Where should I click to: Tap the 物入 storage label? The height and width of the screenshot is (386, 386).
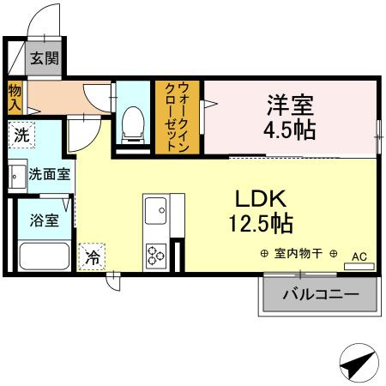[x=15, y=97]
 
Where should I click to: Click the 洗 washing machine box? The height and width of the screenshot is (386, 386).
[x=21, y=135]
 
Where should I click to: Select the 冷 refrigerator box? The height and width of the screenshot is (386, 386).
[x=91, y=255]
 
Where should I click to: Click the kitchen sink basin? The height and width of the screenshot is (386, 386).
[x=155, y=209]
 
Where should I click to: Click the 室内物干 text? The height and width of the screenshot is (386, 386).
[x=299, y=254]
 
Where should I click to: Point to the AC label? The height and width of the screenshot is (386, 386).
[x=359, y=255]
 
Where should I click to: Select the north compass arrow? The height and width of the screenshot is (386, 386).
[x=359, y=365]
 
